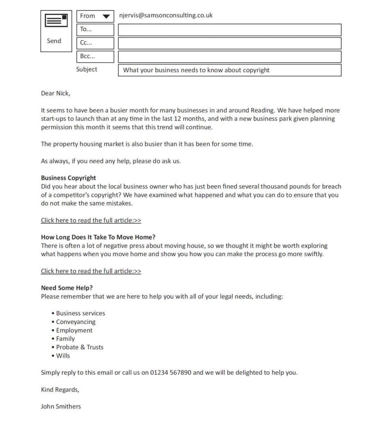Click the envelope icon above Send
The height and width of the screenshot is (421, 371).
pyautogui.click(x=56, y=21)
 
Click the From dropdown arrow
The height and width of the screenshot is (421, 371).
pyautogui.click(x=106, y=16)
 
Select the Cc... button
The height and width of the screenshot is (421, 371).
pyautogui.click(x=95, y=43)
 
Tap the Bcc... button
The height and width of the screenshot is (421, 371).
pyautogui.click(x=95, y=57)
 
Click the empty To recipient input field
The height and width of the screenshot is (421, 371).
pyautogui.click(x=229, y=30)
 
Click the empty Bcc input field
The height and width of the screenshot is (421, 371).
pyautogui.click(x=229, y=57)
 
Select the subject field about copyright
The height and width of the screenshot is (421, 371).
pyautogui.click(x=229, y=70)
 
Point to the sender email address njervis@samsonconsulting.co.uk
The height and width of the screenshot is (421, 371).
pyautogui.click(x=166, y=16)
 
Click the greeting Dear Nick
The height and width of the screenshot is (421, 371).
pyautogui.click(x=55, y=93)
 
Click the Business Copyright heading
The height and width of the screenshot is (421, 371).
pyautogui.click(x=69, y=178)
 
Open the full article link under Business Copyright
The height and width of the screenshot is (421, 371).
pyautogui.click(x=91, y=220)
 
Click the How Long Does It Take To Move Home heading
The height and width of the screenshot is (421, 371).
pyautogui.click(x=98, y=237)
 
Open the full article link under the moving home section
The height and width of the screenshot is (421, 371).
pyautogui.click(x=91, y=271)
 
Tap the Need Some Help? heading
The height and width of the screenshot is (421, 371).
pyautogui.click(x=67, y=288)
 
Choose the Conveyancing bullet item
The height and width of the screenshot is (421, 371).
pyautogui.click(x=76, y=322)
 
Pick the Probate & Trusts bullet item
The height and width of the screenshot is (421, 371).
pyautogui.click(x=80, y=347)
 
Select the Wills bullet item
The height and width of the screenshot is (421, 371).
pyautogui.click(x=63, y=356)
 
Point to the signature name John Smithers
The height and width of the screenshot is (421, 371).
pyautogui.click(x=61, y=407)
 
